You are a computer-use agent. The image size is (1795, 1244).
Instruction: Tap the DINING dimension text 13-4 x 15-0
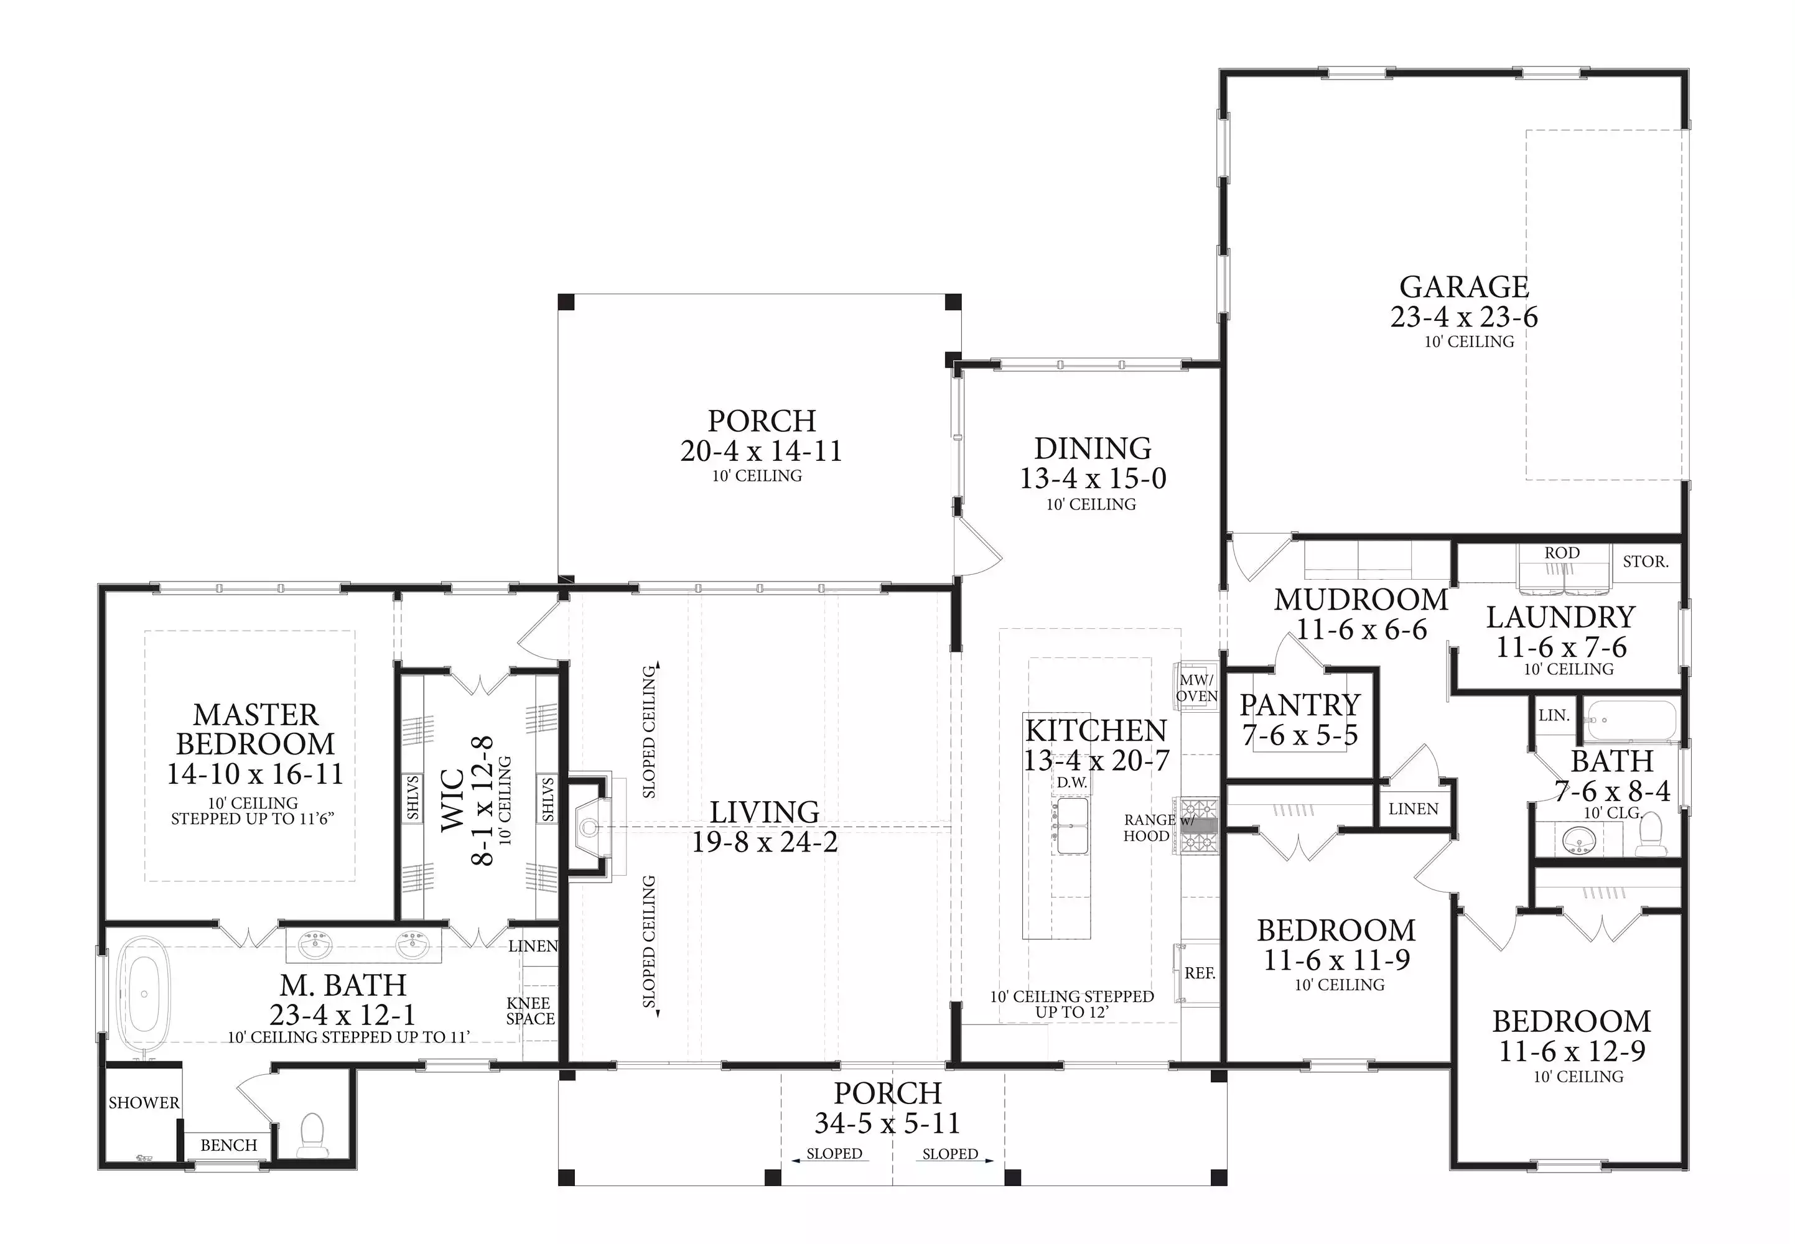[x=1093, y=478]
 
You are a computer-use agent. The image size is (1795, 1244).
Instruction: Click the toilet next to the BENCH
[x=312, y=1135]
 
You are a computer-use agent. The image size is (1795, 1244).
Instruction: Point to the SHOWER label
[x=144, y=1102]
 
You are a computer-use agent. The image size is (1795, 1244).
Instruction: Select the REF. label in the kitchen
[x=1200, y=973]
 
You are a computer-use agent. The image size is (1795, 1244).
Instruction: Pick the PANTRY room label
[x=1300, y=705]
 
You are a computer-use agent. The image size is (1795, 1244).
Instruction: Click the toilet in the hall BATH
[x=1649, y=835]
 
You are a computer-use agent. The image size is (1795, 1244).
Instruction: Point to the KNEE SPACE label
[x=530, y=1011]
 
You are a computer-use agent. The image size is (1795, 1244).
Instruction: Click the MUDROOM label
[x=1361, y=600]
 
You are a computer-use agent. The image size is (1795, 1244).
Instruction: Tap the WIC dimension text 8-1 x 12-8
[x=483, y=801]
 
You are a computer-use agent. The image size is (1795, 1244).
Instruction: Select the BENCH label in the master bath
[x=228, y=1145]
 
